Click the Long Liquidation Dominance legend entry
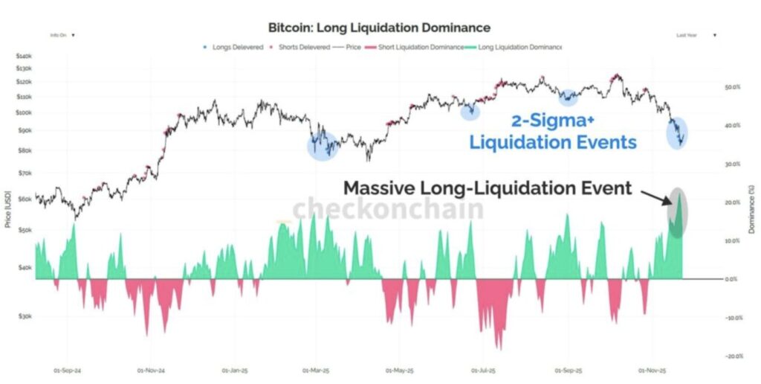click(x=514, y=47)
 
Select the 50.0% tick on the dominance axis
click(x=732, y=87)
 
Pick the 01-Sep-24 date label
click(x=67, y=368)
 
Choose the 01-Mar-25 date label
click(x=317, y=368)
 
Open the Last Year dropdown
click(x=696, y=35)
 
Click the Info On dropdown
click(x=62, y=35)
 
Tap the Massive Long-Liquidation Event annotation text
click(x=488, y=188)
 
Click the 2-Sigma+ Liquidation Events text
click(x=552, y=132)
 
